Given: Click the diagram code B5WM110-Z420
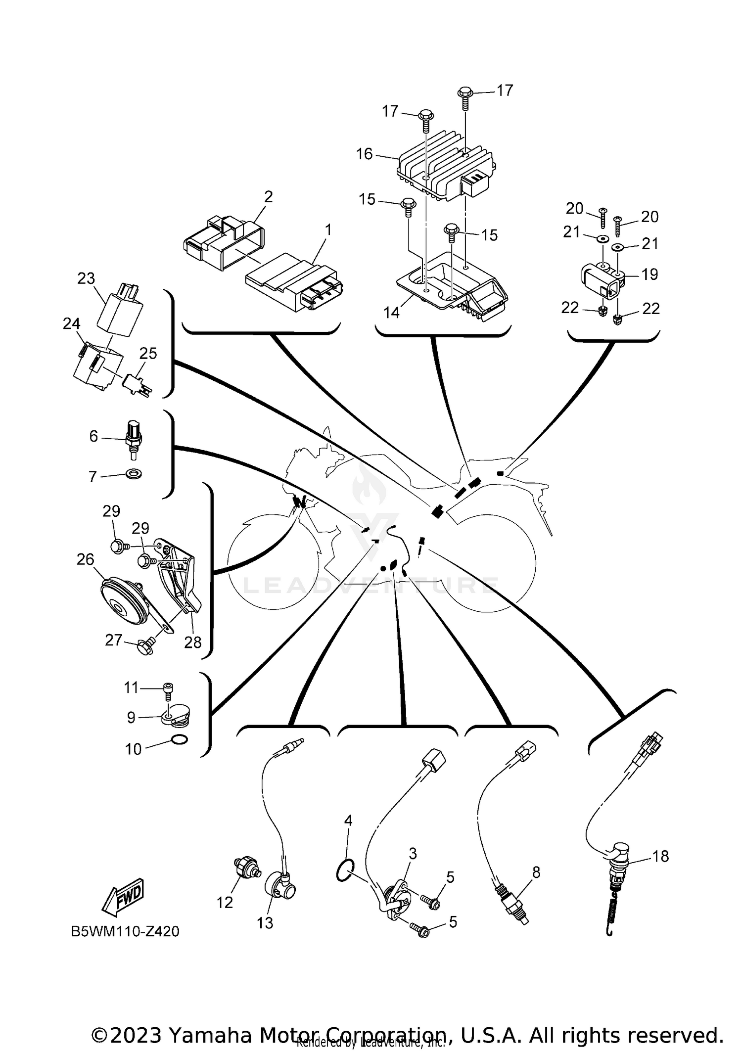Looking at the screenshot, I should [x=125, y=932].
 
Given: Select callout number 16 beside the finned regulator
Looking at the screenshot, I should [x=364, y=154].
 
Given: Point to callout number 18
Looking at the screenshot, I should [x=661, y=856].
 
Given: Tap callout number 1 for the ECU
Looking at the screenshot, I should [x=328, y=230].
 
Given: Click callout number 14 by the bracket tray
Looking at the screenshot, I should [x=391, y=313].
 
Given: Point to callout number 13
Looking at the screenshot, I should [x=265, y=922].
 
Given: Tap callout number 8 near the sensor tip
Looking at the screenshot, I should [x=536, y=872].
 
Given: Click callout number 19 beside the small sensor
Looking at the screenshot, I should [x=649, y=274].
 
